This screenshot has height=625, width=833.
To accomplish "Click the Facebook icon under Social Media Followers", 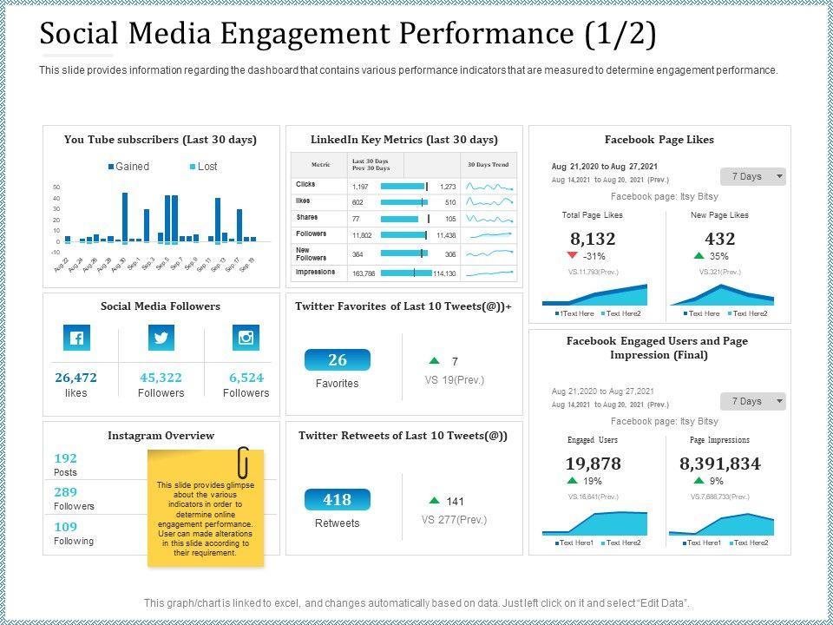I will click(76, 338).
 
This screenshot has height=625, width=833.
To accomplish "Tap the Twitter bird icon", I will click(161, 338).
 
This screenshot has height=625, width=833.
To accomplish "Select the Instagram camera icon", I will click(246, 338).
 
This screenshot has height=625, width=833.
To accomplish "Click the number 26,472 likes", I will click(76, 378).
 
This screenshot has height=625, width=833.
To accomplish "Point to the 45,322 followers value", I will click(161, 378).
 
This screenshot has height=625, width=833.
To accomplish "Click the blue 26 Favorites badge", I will click(338, 360).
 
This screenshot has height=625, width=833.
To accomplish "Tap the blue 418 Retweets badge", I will click(338, 500).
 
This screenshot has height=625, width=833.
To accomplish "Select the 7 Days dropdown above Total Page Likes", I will click(752, 176).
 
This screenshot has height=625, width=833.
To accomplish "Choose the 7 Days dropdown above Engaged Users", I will click(752, 401).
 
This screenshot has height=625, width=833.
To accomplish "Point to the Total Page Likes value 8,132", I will click(593, 239).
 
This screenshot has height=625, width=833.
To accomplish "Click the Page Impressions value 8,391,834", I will click(720, 464).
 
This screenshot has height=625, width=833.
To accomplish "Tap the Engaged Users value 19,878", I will click(593, 464).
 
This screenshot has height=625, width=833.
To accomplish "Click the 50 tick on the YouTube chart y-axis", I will click(56, 187).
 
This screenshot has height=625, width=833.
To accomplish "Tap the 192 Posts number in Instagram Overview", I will click(66, 458).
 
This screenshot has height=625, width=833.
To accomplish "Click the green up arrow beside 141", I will click(434, 501).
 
